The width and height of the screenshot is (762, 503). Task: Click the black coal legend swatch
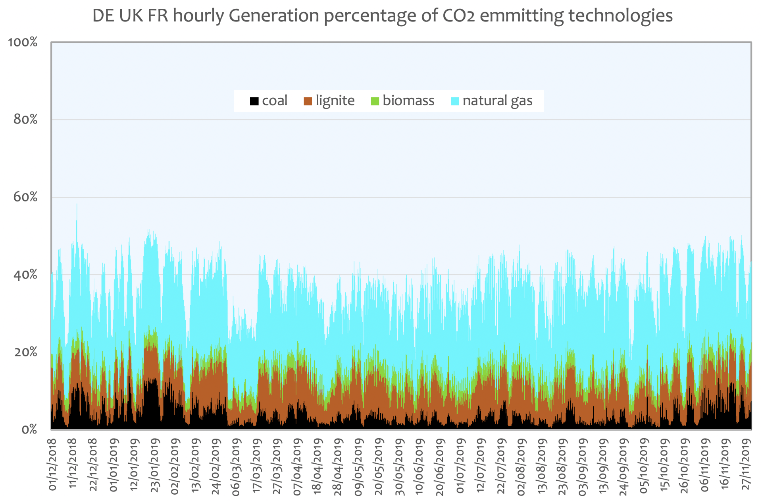tap(254, 101)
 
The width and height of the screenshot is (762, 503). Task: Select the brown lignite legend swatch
tap(308, 101)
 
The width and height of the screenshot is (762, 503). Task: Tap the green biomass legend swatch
tap(375, 101)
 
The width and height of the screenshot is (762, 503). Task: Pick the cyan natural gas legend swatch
tap(455, 101)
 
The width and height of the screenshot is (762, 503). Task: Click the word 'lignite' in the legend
tap(335, 101)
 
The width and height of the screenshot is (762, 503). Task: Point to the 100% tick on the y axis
tap(23, 42)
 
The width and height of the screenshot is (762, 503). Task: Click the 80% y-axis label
tap(25, 119)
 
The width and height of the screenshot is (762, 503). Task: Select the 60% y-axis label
tap(25, 197)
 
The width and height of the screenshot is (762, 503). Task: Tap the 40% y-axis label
tap(25, 275)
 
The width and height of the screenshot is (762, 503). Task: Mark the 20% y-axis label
tap(25, 352)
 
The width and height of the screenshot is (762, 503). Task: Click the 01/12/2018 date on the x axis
tap(52, 465)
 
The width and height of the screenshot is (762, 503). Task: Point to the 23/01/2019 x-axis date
tap(154, 465)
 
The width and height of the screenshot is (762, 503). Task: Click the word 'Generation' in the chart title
tap(274, 16)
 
